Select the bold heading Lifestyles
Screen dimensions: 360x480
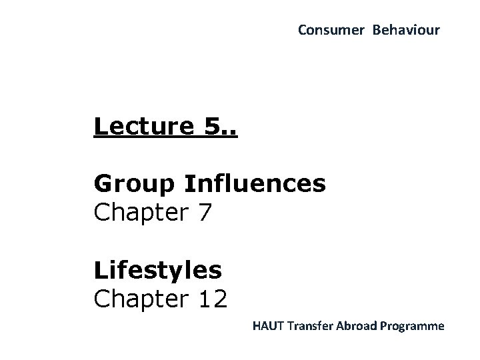click(x=158, y=271)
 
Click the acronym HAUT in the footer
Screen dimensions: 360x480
click(x=267, y=327)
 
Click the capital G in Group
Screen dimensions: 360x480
click(x=103, y=183)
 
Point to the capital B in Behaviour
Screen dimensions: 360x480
click(x=377, y=30)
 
